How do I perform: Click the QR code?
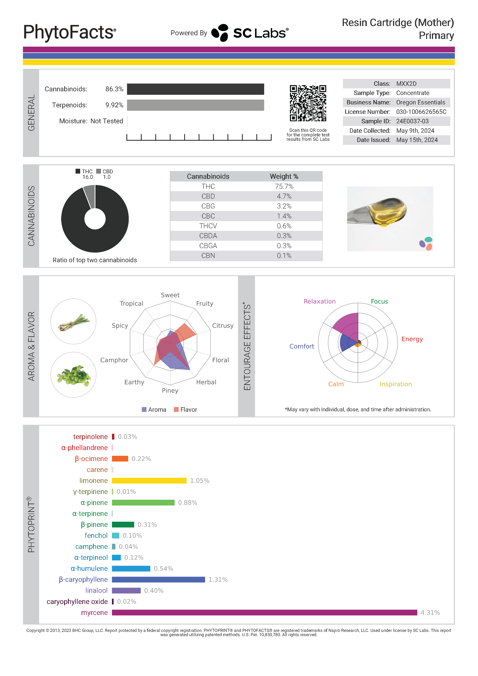tap(308, 103)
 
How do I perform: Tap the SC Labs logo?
tap(250, 33)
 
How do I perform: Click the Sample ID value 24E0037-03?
tap(412, 121)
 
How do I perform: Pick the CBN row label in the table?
tap(208, 256)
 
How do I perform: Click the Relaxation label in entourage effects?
tap(320, 301)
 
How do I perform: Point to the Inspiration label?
tap(396, 384)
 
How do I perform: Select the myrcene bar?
tap(264, 613)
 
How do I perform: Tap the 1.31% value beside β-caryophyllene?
tap(218, 580)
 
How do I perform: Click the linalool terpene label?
tap(96, 591)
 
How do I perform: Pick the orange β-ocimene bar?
tap(120, 459)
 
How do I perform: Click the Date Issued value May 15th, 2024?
tap(417, 140)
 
